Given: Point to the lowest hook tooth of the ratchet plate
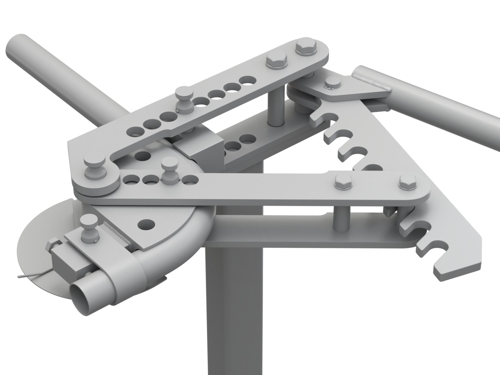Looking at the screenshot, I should [x=448, y=267].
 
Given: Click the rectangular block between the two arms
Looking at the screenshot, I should [x=205, y=149].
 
